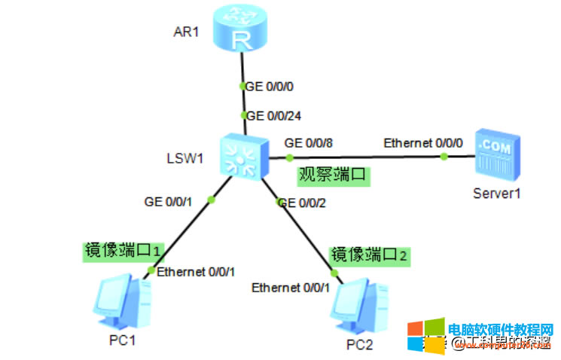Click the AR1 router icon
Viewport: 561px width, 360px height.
coord(242,29)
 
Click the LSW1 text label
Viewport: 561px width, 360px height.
coord(185,159)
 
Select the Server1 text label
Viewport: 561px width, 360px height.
coord(497,193)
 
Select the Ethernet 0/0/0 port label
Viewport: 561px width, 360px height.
coord(423,142)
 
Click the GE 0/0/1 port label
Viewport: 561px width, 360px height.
coord(169,201)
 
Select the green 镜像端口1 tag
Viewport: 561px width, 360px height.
coord(123,251)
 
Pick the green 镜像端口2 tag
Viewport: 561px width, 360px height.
coord(369,255)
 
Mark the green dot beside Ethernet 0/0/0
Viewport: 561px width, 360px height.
coord(444,157)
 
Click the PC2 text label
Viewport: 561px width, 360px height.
coord(359,345)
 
